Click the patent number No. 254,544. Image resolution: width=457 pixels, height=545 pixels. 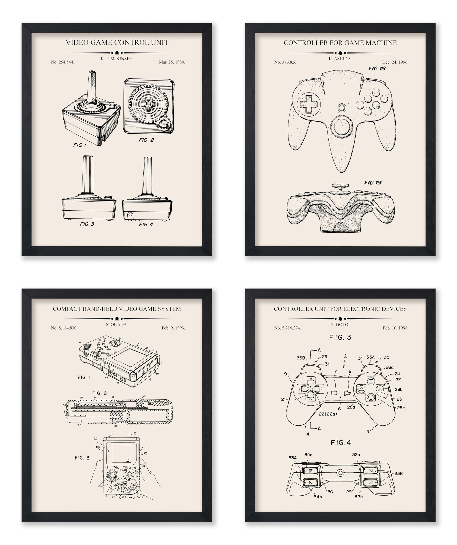coord(62,62)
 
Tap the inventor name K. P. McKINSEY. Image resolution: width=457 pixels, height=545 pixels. coord(117,59)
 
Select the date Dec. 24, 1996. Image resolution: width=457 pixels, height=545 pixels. coord(395,62)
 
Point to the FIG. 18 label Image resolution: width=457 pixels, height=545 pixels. coord(377,69)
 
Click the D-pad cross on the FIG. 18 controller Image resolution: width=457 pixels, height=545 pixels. coord(309,104)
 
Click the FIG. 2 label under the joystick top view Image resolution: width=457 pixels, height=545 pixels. coord(146,140)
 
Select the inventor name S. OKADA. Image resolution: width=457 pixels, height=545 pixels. coord(117,324)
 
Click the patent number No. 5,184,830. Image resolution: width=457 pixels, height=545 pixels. coord(64,328)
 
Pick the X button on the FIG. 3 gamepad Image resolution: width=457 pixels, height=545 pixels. coord(380,389)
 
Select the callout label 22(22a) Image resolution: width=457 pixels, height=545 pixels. coord(328,414)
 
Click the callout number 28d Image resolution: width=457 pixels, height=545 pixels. coord(351,407)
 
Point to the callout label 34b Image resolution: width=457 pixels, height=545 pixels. coord(318,497)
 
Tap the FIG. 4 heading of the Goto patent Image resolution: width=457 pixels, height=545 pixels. coord(341,443)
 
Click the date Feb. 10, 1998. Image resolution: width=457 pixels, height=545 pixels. coord(395,328)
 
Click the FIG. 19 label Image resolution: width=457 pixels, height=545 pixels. coord(373,183)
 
